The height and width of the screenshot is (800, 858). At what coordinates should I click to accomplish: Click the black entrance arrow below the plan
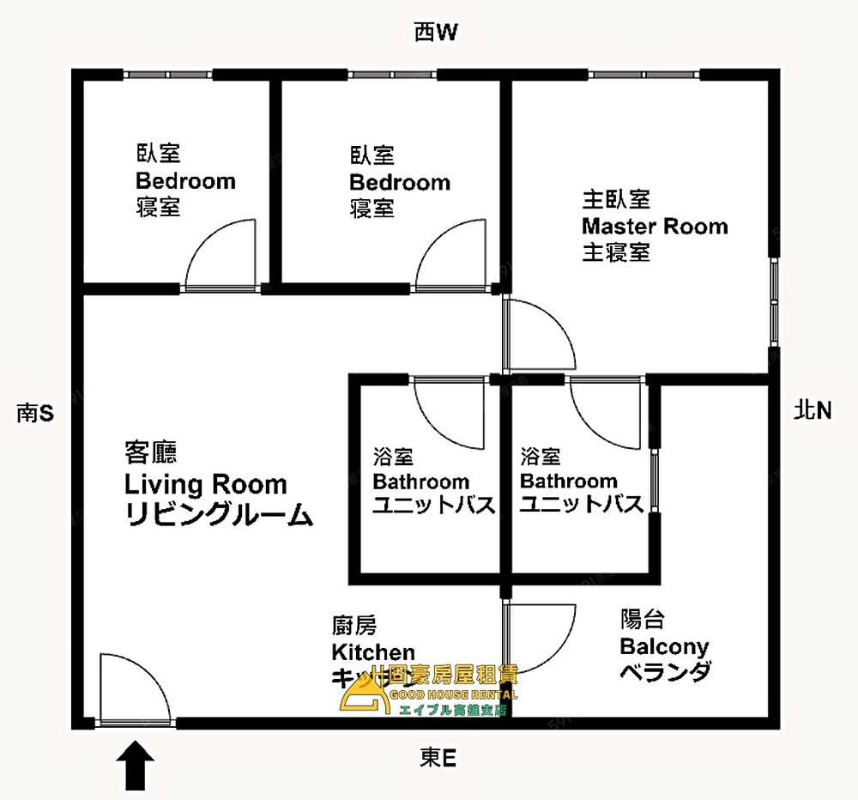tap(135, 765)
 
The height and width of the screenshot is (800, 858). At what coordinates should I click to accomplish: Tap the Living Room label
tap(206, 484)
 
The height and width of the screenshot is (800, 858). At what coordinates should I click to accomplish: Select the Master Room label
tap(654, 227)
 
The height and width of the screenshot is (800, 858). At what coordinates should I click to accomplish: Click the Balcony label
tap(664, 645)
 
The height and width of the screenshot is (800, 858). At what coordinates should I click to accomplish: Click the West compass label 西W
tap(438, 33)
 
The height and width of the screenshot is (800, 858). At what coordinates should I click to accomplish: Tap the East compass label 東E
tap(438, 757)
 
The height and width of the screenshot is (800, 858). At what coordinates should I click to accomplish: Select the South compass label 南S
tap(35, 414)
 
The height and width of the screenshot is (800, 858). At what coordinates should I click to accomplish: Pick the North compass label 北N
tap(813, 411)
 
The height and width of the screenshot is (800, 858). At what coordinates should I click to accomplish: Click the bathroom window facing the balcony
tap(654, 482)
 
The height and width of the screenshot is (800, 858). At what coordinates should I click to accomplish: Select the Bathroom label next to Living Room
tap(421, 481)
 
